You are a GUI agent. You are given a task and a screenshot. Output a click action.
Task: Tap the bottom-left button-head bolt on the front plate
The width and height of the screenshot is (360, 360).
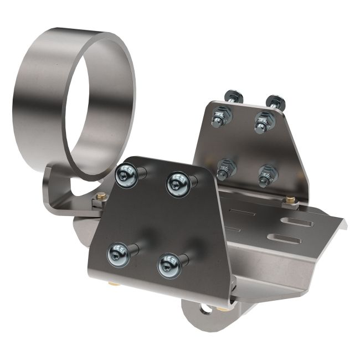[118, 255]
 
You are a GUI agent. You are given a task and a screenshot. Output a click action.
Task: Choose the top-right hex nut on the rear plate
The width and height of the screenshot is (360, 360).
[263, 120]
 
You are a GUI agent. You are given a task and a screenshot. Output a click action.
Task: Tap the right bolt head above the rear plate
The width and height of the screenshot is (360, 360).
[275, 101]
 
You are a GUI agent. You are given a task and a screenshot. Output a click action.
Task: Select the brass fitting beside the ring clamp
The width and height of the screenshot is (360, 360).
[101, 196]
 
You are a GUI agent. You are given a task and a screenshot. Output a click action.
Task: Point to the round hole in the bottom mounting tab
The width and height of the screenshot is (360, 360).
[205, 308]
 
